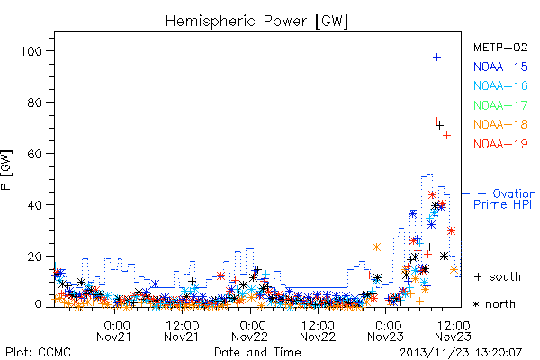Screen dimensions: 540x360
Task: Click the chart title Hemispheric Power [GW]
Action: pos(256,22)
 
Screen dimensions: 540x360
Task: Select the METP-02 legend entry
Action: pos(500,47)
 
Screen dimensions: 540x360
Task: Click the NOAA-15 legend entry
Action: pos(500,67)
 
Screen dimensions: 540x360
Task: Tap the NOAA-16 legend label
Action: pos(500,85)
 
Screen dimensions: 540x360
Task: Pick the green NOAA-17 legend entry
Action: pos(500,105)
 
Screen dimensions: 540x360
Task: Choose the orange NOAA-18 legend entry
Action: pos(500,124)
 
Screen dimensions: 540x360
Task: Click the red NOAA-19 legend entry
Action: pos(500,144)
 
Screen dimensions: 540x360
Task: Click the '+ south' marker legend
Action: pos(498,276)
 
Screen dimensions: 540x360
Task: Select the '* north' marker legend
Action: pos(494,304)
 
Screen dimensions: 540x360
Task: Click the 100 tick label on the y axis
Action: pos(31,51)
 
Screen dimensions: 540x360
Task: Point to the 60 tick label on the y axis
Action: pos(35,154)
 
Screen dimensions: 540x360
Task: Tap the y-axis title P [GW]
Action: pos(6,170)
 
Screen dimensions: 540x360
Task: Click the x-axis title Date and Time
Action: pos(257,352)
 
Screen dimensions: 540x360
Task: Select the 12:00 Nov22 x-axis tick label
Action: pos(318,331)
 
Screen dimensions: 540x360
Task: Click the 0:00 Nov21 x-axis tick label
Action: pos(114,331)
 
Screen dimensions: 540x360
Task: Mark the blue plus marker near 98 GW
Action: pos(437,58)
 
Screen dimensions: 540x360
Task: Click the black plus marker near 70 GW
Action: pos(439,126)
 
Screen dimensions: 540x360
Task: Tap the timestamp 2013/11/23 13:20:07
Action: pos(461,353)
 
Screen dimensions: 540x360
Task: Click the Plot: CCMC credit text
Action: pos(38,352)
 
